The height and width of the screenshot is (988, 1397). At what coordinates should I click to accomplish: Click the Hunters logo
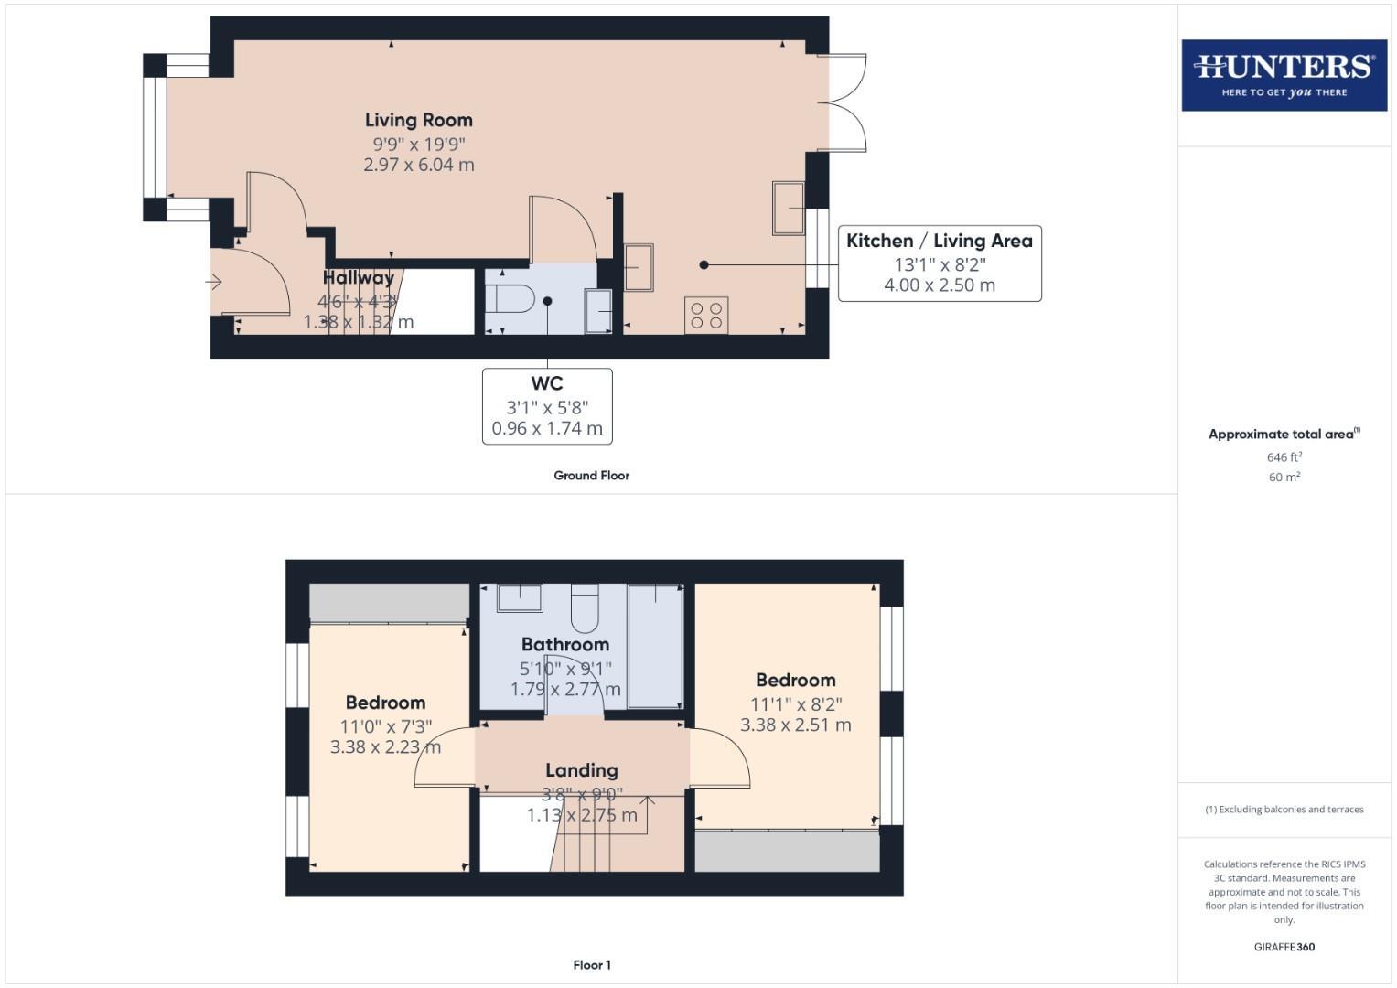pos(1284,75)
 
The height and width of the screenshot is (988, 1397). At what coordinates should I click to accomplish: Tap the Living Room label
pos(418,120)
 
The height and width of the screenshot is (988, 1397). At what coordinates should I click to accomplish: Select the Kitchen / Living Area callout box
pos(940,263)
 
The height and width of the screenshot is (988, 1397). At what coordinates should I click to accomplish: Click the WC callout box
pos(547,406)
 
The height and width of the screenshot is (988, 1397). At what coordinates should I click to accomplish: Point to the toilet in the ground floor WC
pos(510,299)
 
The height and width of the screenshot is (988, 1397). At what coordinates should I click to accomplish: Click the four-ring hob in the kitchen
pos(706,316)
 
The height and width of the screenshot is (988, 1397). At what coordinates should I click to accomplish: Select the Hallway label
pos(358,277)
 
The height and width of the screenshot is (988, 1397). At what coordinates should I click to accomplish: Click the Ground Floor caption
pos(591,476)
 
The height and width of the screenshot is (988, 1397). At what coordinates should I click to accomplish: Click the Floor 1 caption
pos(591,965)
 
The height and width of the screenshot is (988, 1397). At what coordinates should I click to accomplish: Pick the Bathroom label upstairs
pos(564,644)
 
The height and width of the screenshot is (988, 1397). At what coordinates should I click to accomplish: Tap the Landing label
pos(581,770)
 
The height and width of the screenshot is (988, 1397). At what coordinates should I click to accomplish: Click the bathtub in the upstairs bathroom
pos(655,646)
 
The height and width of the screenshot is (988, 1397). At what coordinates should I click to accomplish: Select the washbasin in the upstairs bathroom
pos(520,597)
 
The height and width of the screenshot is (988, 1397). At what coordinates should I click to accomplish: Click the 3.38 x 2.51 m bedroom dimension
pos(795,725)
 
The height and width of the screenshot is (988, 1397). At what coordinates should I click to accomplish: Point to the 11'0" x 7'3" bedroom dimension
pos(385,726)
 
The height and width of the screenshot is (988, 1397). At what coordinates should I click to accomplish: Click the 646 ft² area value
pos(1284,457)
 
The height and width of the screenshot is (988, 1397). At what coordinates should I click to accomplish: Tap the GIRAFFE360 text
pos(1284,947)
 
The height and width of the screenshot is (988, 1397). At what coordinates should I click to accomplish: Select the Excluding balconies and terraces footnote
pos(1284,810)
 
